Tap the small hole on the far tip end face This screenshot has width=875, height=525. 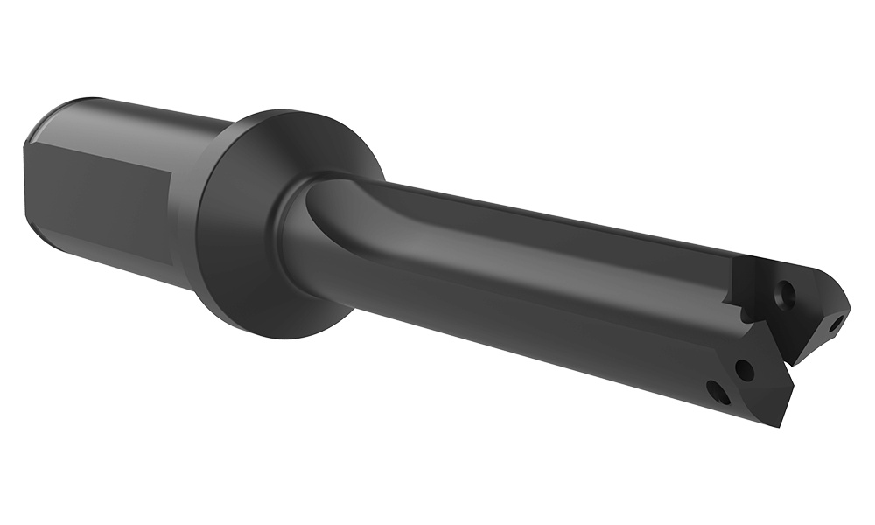tap(836, 325)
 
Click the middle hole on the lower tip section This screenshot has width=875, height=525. tap(744, 370)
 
